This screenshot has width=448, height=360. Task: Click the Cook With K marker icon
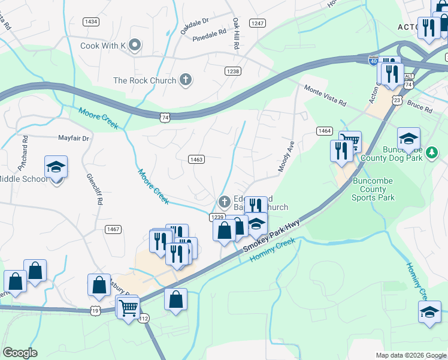135,45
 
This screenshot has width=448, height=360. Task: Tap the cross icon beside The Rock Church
186,80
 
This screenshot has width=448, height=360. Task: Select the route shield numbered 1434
91,22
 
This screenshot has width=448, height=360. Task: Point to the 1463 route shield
196,159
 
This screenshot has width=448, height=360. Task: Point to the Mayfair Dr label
73,138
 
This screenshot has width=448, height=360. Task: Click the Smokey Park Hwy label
271,238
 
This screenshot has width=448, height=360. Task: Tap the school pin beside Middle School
56,168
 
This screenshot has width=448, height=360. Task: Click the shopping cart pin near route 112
128,308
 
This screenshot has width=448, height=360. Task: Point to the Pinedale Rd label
209,35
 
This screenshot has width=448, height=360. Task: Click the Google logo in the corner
20,353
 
